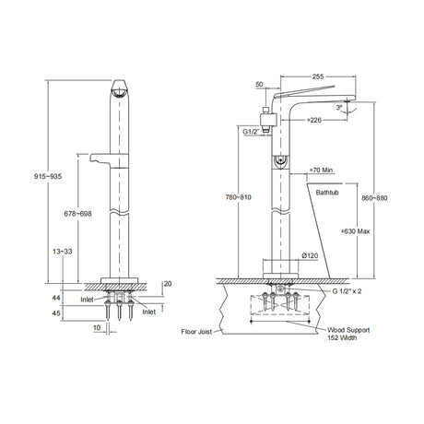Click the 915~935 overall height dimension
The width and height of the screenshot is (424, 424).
coord(48,176)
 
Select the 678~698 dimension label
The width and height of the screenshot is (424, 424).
coord(77,214)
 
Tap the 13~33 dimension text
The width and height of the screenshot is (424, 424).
coord(63,252)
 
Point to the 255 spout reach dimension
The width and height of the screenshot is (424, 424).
coord(318,77)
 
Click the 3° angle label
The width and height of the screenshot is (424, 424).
coord(339,108)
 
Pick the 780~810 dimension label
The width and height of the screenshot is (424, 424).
coord(237,197)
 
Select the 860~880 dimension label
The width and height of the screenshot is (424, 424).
coord(374,198)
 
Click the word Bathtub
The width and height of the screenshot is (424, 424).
coord(327,193)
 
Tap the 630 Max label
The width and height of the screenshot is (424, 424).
coord(356,231)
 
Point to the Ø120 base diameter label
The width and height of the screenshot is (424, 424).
coord(310,255)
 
